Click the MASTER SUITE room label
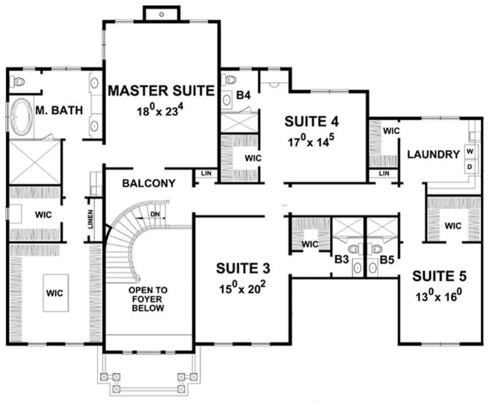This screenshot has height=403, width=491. [161, 91]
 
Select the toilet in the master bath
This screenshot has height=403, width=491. [18, 81]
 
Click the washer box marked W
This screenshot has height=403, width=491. [470, 151]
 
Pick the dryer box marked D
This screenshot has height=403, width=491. [470, 166]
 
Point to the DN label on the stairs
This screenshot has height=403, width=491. [155, 214]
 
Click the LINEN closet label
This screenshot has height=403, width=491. [90, 219]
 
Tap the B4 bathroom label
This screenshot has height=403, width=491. [243, 95]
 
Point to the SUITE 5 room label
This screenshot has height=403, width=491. [439, 276]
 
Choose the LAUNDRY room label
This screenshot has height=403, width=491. [433, 154]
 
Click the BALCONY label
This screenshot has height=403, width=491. [149, 183]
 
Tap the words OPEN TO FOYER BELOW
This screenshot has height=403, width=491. [148, 299]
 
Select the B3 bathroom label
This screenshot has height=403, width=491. [342, 260]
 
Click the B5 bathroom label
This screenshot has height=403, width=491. [387, 260]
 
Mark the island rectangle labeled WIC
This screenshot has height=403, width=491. [56, 293]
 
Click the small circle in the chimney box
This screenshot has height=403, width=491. [162, 14]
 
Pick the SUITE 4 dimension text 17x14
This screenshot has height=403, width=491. [311, 141]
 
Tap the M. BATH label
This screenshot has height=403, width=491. [59, 110]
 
